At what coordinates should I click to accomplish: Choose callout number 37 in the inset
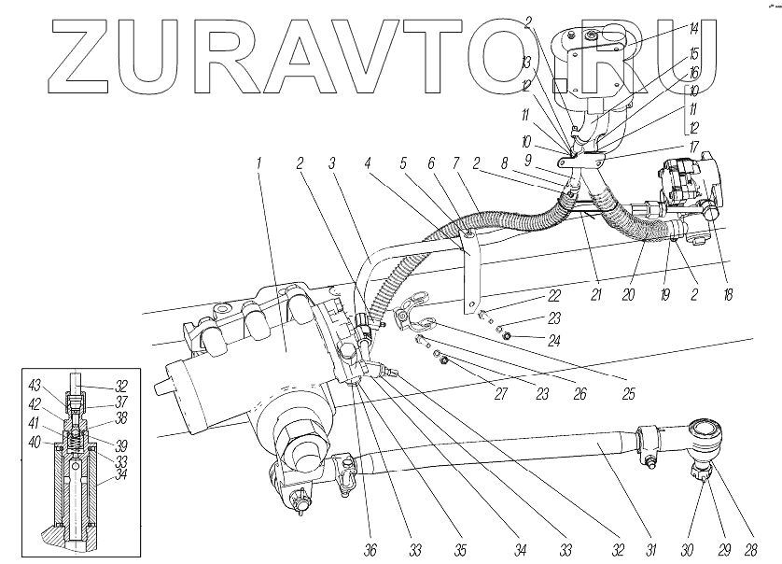[122, 402]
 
